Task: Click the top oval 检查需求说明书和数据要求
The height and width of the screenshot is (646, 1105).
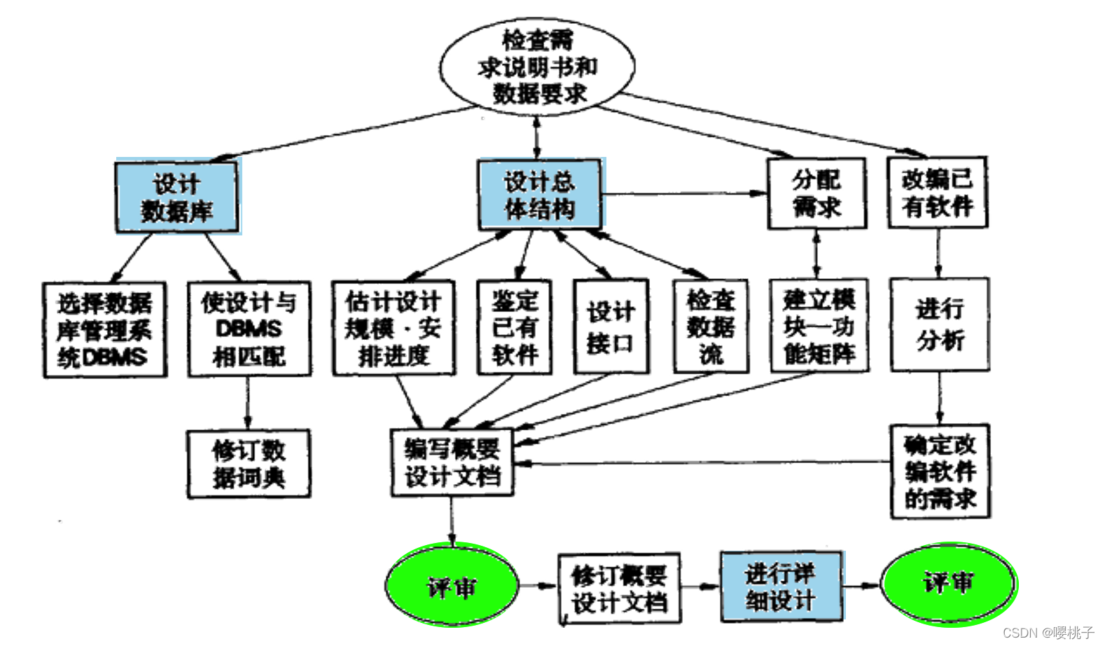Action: click(537, 67)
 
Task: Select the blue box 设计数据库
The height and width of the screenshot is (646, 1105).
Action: click(176, 196)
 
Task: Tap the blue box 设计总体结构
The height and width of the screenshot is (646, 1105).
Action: click(539, 195)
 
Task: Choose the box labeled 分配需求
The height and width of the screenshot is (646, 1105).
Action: click(816, 193)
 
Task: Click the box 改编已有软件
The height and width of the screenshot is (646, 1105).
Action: click(938, 193)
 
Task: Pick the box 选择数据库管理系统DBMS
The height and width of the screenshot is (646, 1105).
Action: click(105, 330)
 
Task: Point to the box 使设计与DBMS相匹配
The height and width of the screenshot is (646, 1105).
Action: click(249, 329)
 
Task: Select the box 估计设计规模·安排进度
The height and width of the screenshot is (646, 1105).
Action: click(394, 328)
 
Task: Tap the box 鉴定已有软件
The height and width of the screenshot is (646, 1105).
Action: click(515, 328)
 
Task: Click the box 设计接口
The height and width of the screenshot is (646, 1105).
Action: click(611, 327)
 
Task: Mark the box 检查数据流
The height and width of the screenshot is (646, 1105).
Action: click(711, 327)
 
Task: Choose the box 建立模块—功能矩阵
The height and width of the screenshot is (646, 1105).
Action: click(819, 327)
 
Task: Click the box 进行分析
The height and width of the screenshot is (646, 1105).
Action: click(940, 324)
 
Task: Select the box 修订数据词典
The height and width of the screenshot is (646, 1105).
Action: click(249, 464)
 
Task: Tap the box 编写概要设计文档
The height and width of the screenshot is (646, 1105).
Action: click(452, 462)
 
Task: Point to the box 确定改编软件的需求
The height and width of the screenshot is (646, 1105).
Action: click(940, 472)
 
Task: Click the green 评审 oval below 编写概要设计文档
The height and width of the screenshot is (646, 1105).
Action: click(452, 585)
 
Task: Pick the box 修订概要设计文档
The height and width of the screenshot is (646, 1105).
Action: click(619, 589)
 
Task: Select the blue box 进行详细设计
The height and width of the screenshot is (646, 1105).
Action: click(781, 586)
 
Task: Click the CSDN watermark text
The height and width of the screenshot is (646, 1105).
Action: click(1048, 633)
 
